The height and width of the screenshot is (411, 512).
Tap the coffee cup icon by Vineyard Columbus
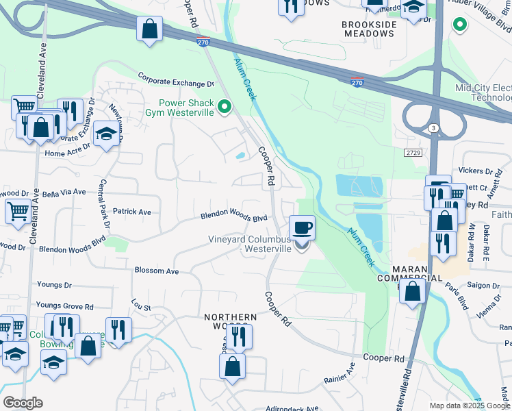click(x=302, y=227)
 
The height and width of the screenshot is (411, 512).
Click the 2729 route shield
click(x=412, y=152)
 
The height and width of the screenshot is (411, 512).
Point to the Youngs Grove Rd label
click(x=64, y=306)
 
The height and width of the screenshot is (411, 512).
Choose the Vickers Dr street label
click(x=476, y=171)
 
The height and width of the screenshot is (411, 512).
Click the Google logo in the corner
click(x=23, y=403)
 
